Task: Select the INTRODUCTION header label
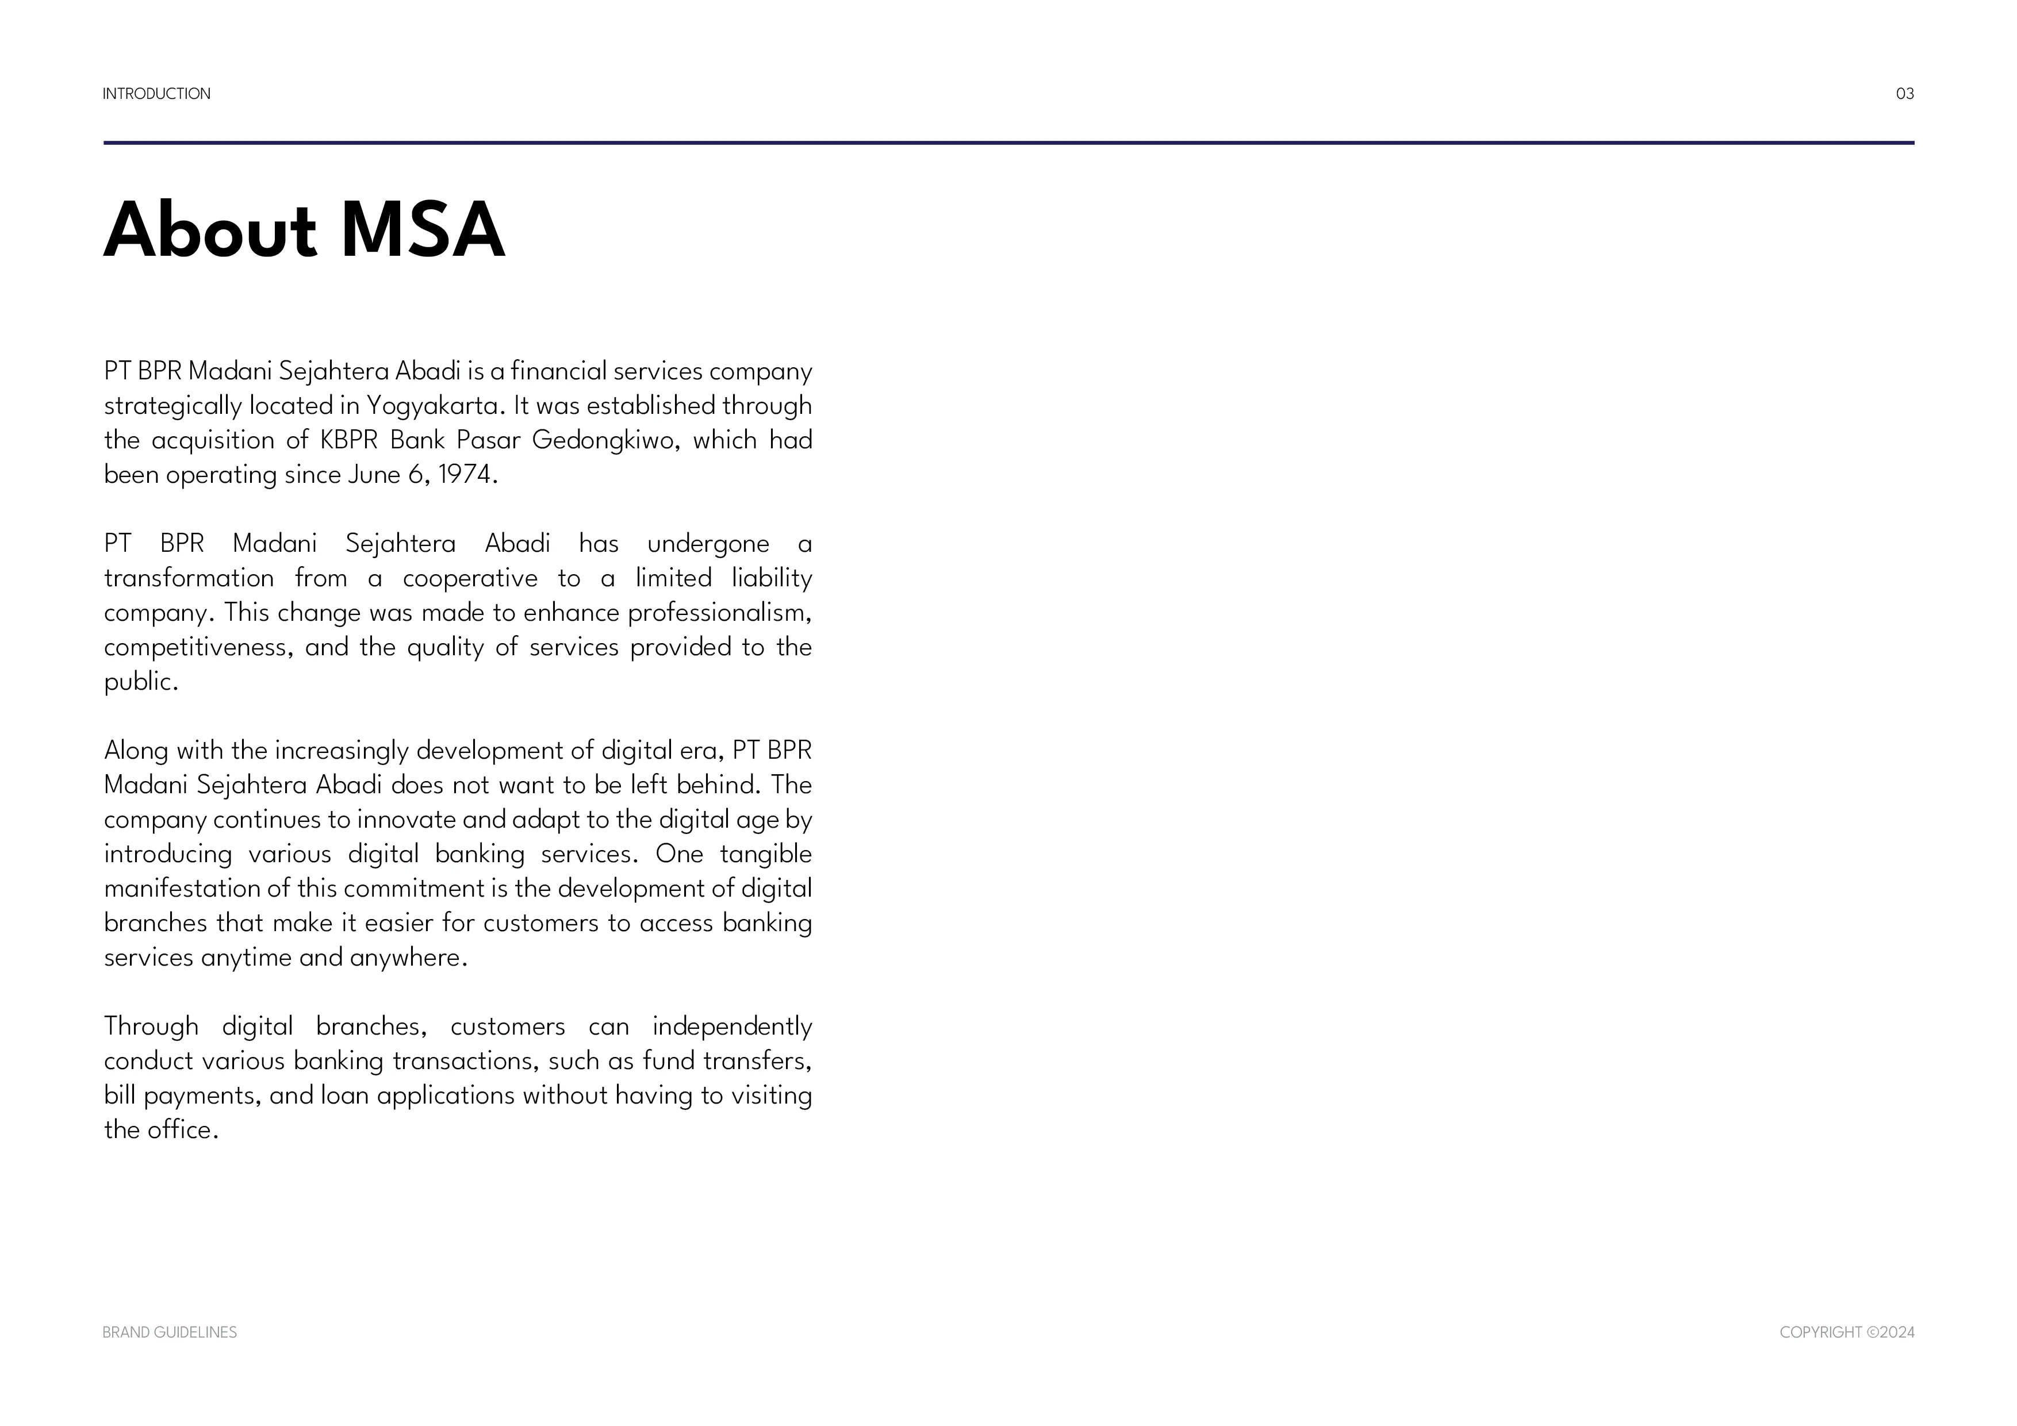click(x=156, y=94)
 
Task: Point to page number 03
click(x=1904, y=94)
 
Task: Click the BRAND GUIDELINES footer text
click(x=170, y=1332)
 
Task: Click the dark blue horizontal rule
click(x=1009, y=142)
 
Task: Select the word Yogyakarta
click(x=432, y=406)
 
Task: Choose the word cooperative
click(x=470, y=579)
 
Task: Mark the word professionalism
click(x=719, y=613)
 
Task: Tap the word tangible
click(x=765, y=854)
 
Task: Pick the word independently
click(x=732, y=1027)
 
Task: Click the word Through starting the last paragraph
click(x=151, y=1027)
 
